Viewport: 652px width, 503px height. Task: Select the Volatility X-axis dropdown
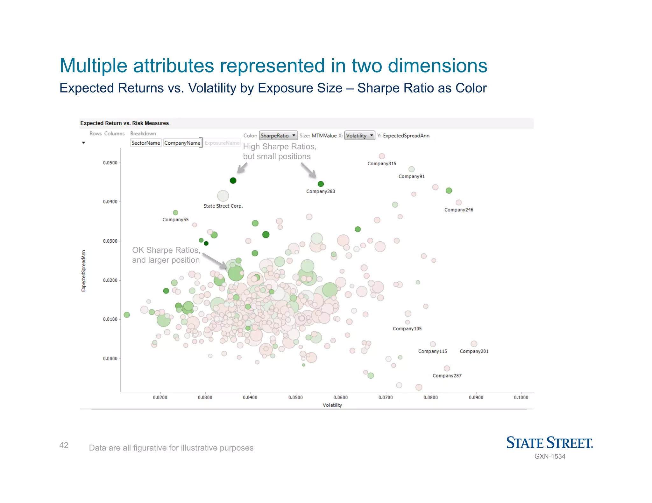[x=359, y=136]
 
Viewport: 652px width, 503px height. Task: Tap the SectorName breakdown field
[x=146, y=143]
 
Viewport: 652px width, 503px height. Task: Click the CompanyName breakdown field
[x=182, y=143]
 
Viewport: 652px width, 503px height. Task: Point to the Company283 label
[x=321, y=191]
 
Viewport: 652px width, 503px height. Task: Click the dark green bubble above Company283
[x=321, y=184]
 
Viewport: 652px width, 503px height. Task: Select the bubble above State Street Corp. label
[x=223, y=196]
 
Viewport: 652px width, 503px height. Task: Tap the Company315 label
[x=382, y=164]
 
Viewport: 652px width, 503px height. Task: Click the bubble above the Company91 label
[x=412, y=169]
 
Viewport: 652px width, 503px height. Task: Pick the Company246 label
[x=459, y=210]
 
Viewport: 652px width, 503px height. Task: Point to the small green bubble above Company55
[x=175, y=213]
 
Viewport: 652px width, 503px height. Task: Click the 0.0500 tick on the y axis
[x=110, y=163]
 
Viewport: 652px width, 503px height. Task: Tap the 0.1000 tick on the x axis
[x=521, y=398]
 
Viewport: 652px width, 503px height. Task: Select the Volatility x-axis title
[x=332, y=405]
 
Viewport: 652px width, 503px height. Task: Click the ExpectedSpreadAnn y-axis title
[x=83, y=271]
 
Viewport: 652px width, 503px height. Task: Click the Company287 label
[x=447, y=376]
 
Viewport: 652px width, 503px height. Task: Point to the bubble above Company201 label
[x=474, y=344]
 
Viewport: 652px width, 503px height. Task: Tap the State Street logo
[x=549, y=443]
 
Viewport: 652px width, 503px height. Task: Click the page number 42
[x=64, y=445]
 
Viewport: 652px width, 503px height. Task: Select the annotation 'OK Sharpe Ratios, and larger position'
[x=166, y=255]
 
